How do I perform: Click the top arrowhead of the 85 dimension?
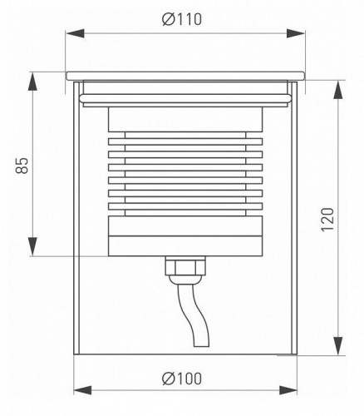click(x=34, y=77)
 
